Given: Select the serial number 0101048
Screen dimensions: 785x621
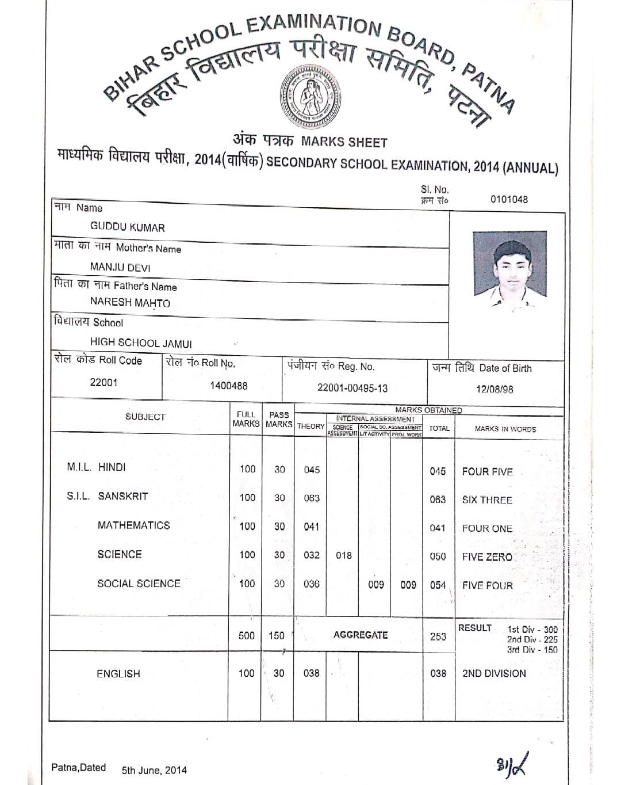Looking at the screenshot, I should click(x=509, y=200).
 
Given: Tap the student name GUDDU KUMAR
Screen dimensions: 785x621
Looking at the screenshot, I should click(x=127, y=227).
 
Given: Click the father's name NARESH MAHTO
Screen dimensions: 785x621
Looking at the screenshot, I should click(x=130, y=303).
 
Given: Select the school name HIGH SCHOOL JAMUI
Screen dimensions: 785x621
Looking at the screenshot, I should click(x=141, y=343).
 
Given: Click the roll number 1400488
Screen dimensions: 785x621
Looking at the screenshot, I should click(x=229, y=386).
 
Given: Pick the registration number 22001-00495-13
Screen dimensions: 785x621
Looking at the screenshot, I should click(x=352, y=388).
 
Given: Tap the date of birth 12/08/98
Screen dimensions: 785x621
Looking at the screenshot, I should click(x=494, y=389).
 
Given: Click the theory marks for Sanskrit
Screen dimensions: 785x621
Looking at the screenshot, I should click(x=312, y=498).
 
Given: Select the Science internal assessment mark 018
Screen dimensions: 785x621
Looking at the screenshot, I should click(x=344, y=555).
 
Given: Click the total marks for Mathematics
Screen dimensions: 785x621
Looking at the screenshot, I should click(x=438, y=528).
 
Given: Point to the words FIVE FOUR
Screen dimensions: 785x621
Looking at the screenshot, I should click(x=487, y=586).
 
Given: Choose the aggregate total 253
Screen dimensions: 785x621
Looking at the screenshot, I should click(x=438, y=636).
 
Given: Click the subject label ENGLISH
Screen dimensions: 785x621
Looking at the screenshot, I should click(x=118, y=673).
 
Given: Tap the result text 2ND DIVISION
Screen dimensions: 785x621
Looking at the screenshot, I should click(x=494, y=673).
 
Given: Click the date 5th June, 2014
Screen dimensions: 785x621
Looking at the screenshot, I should click(x=154, y=770).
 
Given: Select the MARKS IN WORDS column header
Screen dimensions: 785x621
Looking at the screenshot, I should click(x=505, y=429).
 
